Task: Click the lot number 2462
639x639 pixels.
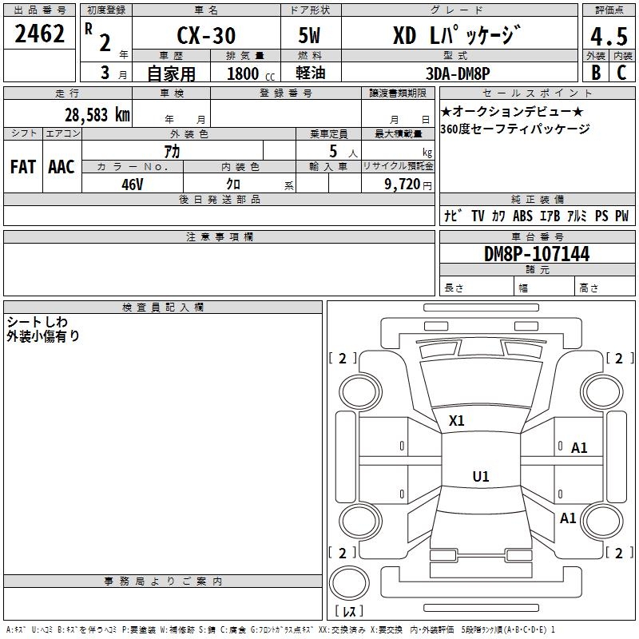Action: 40,34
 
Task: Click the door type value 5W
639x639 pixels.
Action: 311,36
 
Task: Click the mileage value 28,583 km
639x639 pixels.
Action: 97,114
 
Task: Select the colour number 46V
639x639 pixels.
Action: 133,184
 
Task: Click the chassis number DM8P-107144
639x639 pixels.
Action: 537,254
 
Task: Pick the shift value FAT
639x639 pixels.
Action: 23,166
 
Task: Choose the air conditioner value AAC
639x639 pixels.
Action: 62,166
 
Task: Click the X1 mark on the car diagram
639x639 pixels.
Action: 457,420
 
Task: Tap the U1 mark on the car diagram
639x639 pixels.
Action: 481,477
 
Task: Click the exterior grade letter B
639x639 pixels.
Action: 596,73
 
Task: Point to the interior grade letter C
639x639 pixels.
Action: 621,73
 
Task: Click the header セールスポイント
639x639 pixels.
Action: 537,93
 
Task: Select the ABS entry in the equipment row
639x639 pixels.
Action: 522,216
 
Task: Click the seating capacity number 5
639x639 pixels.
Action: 331,151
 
